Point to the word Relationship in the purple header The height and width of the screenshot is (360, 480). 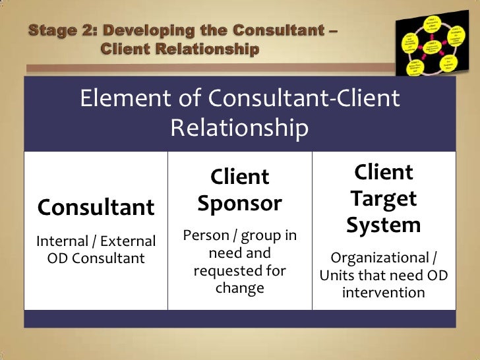tap(239, 129)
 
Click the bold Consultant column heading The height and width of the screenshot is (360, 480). tap(96, 208)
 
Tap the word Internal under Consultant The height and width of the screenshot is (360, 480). tap(59, 242)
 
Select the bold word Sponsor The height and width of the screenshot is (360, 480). tap(239, 204)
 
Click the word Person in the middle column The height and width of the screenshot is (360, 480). tap(204, 235)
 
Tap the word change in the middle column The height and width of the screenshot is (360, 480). tap(239, 288)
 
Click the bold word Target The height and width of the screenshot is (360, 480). tap(384, 198)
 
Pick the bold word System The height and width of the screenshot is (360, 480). tap(384, 225)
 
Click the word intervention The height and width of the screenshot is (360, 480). tap(383, 292)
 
